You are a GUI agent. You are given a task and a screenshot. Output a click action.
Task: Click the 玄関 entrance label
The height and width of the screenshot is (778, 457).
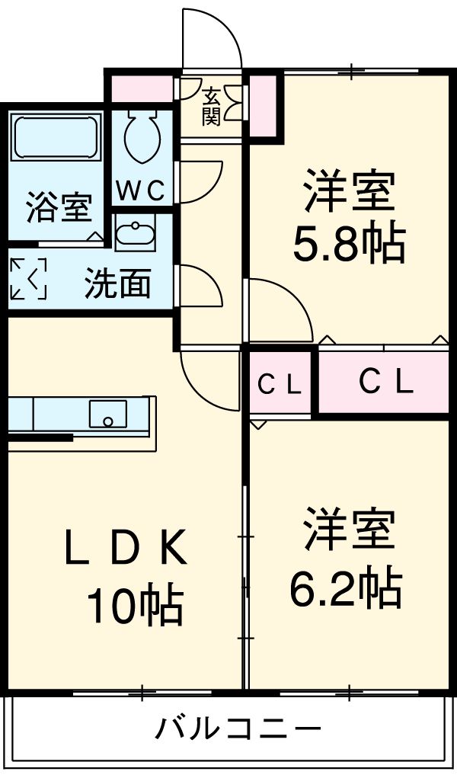point(211,107)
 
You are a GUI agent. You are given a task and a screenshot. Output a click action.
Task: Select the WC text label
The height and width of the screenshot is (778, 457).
point(141,190)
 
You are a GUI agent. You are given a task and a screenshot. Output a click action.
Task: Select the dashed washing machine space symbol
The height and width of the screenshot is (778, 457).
point(28,279)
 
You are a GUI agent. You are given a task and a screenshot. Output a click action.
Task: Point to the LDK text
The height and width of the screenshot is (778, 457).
point(126,549)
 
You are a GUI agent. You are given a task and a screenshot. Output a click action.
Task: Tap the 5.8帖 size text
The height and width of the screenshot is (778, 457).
point(349,243)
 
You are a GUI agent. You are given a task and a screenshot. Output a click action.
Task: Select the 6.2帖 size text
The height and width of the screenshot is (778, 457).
point(346,585)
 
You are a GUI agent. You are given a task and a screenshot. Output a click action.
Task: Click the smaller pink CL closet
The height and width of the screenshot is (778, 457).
point(279,384)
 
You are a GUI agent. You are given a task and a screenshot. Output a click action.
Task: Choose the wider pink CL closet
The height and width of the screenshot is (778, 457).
point(385,383)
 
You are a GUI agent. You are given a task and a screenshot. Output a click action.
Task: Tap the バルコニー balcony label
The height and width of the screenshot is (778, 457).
point(238,729)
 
